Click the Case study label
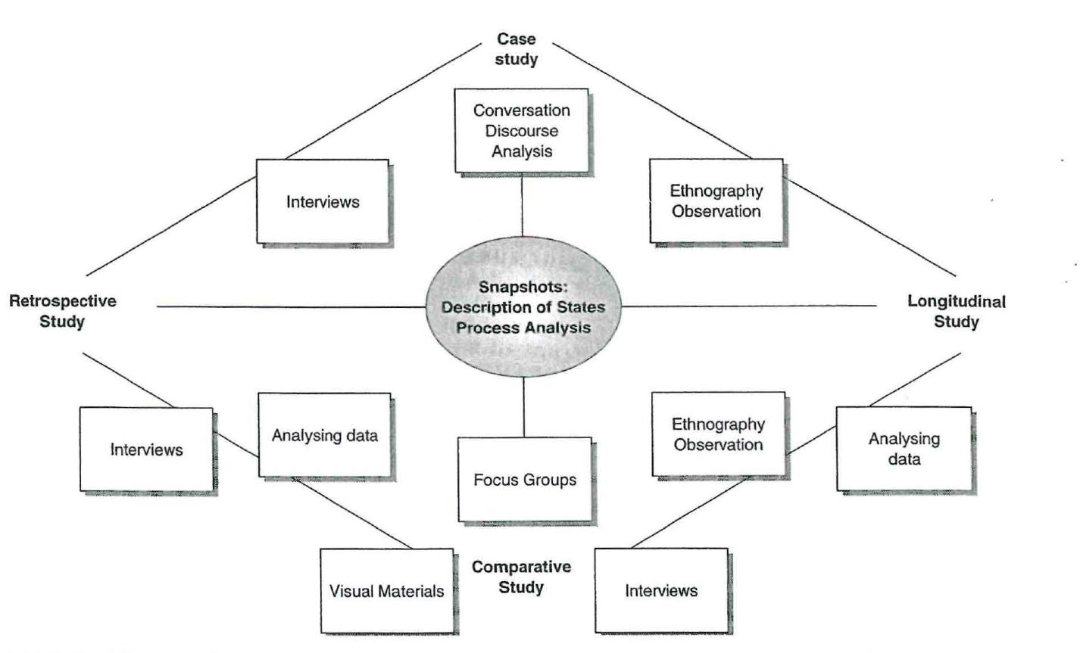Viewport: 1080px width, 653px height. tap(517, 49)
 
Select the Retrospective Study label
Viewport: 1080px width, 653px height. tap(63, 311)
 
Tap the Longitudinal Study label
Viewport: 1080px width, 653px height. tap(956, 311)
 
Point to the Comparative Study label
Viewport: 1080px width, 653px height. tap(522, 577)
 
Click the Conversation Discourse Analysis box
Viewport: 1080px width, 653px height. tap(522, 130)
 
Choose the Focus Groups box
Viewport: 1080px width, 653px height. tap(524, 480)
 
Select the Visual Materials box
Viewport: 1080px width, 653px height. tap(386, 591)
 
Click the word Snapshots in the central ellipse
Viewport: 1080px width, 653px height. tap(523, 288)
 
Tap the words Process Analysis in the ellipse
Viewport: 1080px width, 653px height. tap(523, 328)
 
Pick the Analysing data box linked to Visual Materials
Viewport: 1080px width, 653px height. tap(324, 435)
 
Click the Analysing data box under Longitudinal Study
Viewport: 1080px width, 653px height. tap(904, 449)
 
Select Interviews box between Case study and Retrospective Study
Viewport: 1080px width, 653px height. tap(322, 201)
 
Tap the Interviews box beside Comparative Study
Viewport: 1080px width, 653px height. tap(661, 590)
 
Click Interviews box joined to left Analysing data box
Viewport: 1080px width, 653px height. tap(147, 449)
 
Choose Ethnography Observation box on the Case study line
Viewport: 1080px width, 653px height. tap(716, 201)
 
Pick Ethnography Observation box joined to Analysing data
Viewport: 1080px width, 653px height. tap(719, 434)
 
